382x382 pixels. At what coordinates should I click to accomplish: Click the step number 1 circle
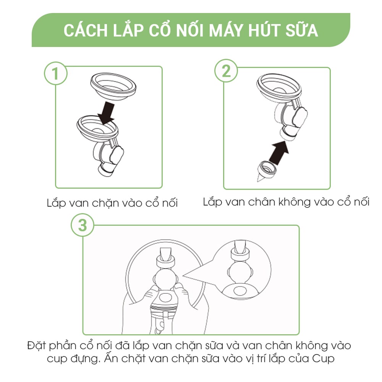[56, 73]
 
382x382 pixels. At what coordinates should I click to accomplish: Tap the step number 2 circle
[226, 71]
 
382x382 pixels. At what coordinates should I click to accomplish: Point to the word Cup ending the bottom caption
[323, 359]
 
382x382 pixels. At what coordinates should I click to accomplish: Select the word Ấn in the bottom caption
[111, 358]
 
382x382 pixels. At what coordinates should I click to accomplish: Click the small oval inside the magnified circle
[240, 290]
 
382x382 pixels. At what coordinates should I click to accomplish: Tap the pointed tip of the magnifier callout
[183, 276]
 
